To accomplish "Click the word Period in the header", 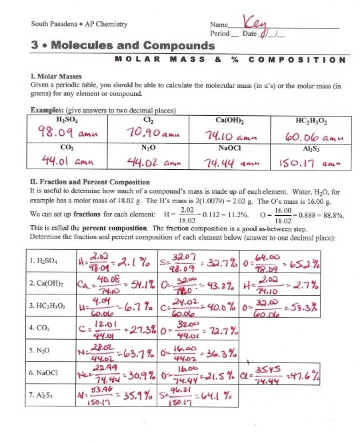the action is (x=219, y=33).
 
